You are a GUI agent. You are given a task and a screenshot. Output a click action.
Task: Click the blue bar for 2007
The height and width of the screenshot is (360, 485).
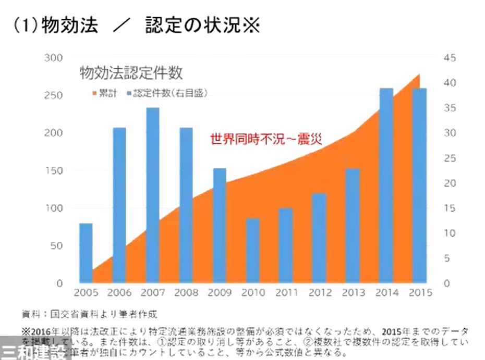point(153,195)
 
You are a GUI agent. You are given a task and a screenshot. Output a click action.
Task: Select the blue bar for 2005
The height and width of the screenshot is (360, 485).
point(86,253)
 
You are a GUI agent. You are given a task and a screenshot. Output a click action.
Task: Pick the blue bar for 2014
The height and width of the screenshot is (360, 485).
point(386,185)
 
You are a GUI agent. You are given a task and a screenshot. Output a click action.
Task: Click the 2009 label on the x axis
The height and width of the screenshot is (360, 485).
point(220,293)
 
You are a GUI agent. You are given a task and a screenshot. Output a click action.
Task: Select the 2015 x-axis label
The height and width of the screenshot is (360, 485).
point(420,293)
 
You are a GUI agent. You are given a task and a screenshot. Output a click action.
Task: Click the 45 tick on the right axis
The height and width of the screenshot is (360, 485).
point(450,58)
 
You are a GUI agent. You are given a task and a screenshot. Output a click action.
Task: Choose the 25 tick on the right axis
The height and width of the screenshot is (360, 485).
point(450,158)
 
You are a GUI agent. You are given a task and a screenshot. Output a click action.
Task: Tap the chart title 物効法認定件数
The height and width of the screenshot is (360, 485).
point(131,73)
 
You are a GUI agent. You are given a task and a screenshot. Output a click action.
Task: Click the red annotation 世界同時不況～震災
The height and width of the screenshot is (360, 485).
point(266,139)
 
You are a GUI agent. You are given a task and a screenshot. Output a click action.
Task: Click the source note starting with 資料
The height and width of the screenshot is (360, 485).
point(89,314)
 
